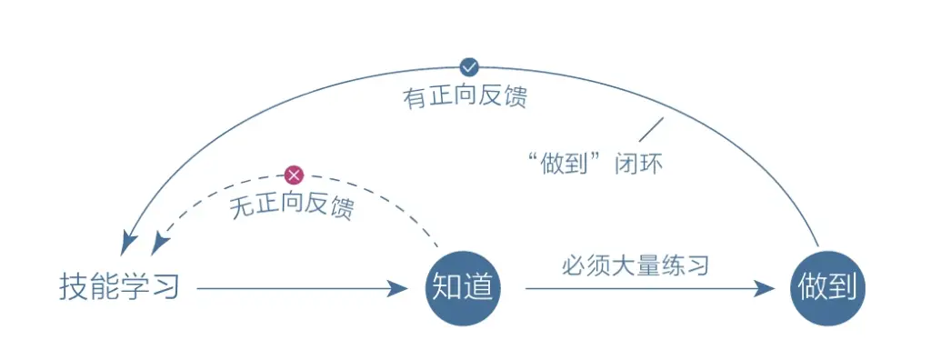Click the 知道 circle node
pos(463,288)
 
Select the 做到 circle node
pos(827,288)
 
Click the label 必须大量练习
pos(635,266)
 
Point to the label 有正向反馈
pos(465,96)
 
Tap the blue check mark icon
pos(469,66)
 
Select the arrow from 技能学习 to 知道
pos(300,289)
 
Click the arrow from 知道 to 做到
pos(646,289)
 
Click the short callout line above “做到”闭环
pos(650,129)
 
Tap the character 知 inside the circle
pos(446,288)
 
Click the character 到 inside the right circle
pos(844,288)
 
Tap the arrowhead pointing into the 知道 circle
pos(397,289)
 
